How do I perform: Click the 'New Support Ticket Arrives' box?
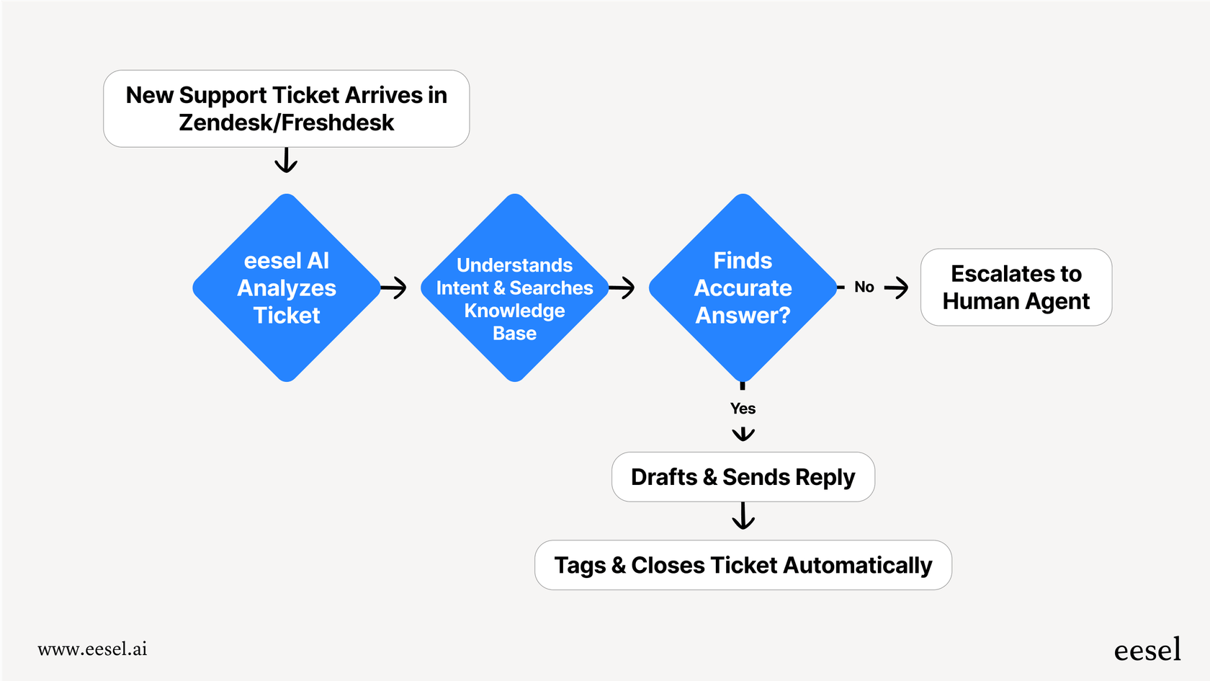286,108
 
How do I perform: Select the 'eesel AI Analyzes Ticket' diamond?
287,288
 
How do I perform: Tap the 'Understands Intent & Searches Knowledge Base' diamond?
514,288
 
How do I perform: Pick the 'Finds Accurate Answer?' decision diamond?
743,288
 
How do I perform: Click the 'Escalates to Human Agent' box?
1016,287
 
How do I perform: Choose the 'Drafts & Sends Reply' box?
743,477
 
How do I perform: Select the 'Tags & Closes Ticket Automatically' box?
743,565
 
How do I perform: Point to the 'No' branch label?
864,287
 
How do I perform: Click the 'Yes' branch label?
743,409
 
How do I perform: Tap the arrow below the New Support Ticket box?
286,161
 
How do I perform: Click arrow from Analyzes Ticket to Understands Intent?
394,288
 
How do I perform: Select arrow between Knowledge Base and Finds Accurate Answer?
622,288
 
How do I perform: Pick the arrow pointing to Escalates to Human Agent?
897,288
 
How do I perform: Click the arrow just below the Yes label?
743,434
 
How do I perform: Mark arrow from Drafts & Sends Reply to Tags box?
743,516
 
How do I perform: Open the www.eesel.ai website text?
92,649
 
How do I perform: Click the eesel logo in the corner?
1147,650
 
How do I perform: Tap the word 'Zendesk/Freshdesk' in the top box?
286,123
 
